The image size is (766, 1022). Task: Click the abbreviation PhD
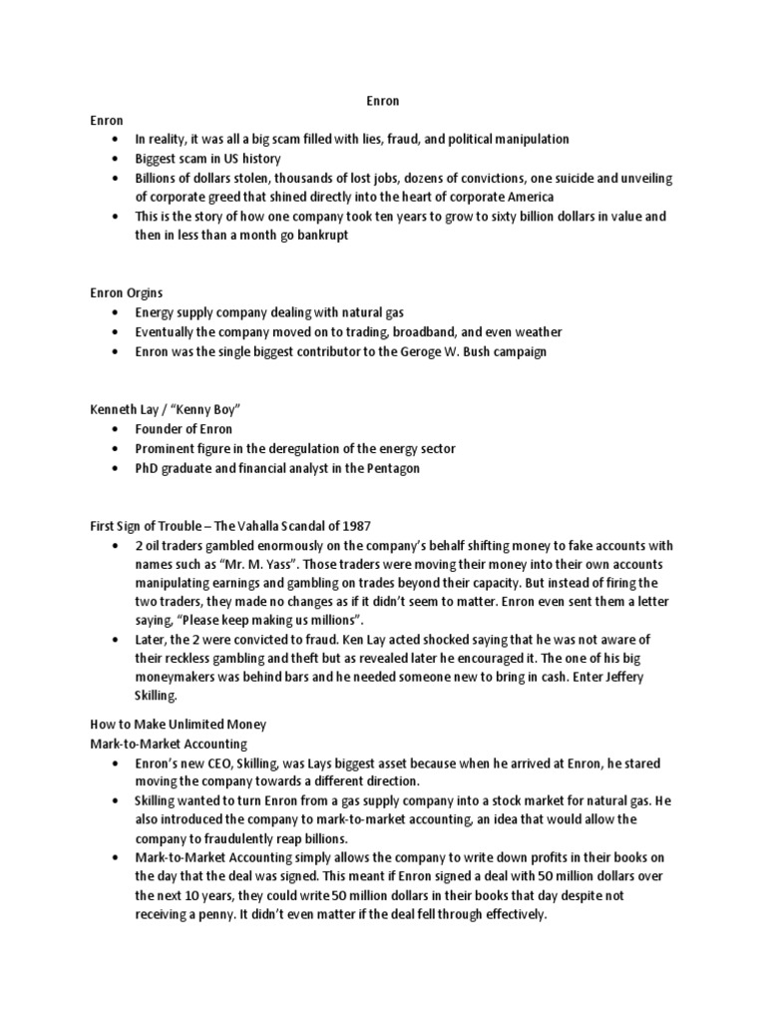pos(149,468)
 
